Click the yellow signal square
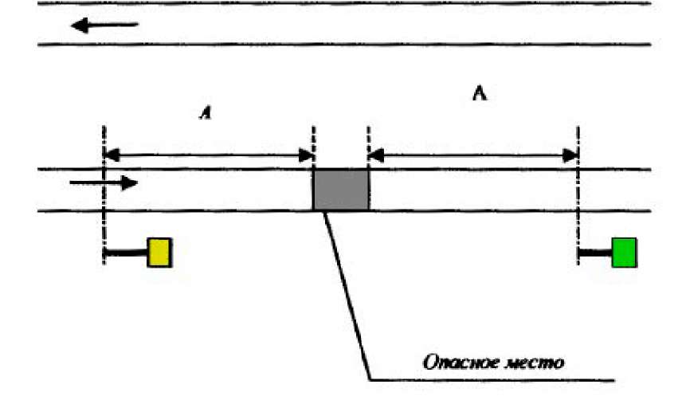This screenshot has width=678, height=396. click(x=159, y=253)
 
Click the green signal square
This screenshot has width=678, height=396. click(x=624, y=253)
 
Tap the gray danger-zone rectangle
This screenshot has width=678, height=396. click(x=341, y=190)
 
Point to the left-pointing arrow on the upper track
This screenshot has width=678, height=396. click(x=104, y=26)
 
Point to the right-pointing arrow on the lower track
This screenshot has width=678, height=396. click(x=104, y=183)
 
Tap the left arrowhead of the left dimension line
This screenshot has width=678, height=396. click(x=112, y=154)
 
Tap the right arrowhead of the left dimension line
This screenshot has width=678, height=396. click(x=305, y=154)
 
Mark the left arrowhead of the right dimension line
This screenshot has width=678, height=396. click(x=376, y=154)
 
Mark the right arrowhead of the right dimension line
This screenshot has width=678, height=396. click(x=570, y=154)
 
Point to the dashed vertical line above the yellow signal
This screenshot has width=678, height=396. click(x=104, y=191)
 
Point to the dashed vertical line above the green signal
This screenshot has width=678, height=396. click(x=578, y=191)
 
